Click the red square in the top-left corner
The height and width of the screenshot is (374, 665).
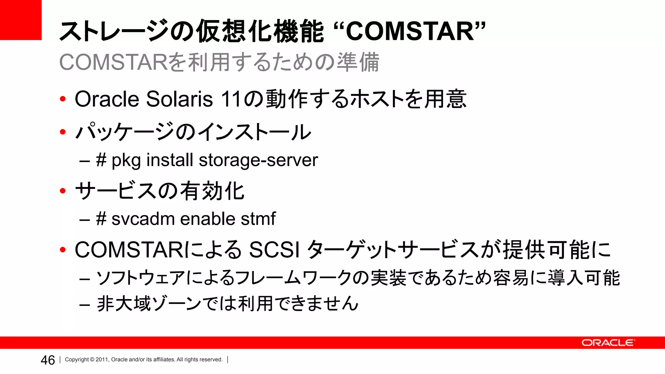[20, 19]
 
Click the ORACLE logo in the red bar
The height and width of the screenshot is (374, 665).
[607, 343]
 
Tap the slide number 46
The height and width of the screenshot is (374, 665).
[48, 360]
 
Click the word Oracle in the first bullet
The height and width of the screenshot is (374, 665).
[107, 99]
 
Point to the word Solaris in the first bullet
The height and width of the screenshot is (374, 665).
[179, 99]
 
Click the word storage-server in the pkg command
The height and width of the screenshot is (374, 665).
[258, 160]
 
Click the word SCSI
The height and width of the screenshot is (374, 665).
[274, 250]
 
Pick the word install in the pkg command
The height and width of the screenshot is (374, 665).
[169, 160]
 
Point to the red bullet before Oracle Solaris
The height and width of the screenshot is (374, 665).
[63, 99]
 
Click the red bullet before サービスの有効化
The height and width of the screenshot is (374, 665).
[63, 191]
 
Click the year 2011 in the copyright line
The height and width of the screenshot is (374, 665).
[102, 360]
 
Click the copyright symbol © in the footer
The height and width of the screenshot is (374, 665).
[92, 360]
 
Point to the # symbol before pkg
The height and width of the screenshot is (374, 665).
[101, 160]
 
